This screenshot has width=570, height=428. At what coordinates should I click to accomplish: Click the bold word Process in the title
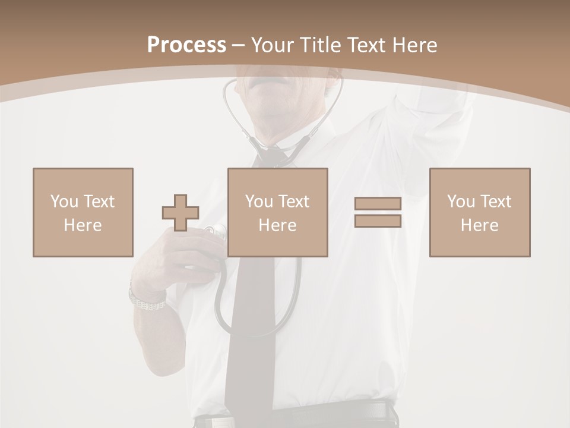click(x=186, y=45)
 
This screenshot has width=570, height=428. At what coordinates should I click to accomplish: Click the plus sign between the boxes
click(x=180, y=212)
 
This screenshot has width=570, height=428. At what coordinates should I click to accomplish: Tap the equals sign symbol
click(x=378, y=212)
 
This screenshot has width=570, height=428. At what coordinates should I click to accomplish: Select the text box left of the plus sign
click(x=83, y=212)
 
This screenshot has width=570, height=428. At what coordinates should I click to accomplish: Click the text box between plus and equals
click(x=277, y=212)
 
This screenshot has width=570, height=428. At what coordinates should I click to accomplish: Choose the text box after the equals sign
click(x=479, y=212)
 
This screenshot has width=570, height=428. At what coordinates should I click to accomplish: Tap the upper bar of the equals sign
click(x=378, y=203)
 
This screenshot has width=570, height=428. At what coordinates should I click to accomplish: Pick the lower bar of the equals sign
click(x=378, y=221)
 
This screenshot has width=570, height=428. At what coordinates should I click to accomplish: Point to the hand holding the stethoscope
click(x=178, y=262)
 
